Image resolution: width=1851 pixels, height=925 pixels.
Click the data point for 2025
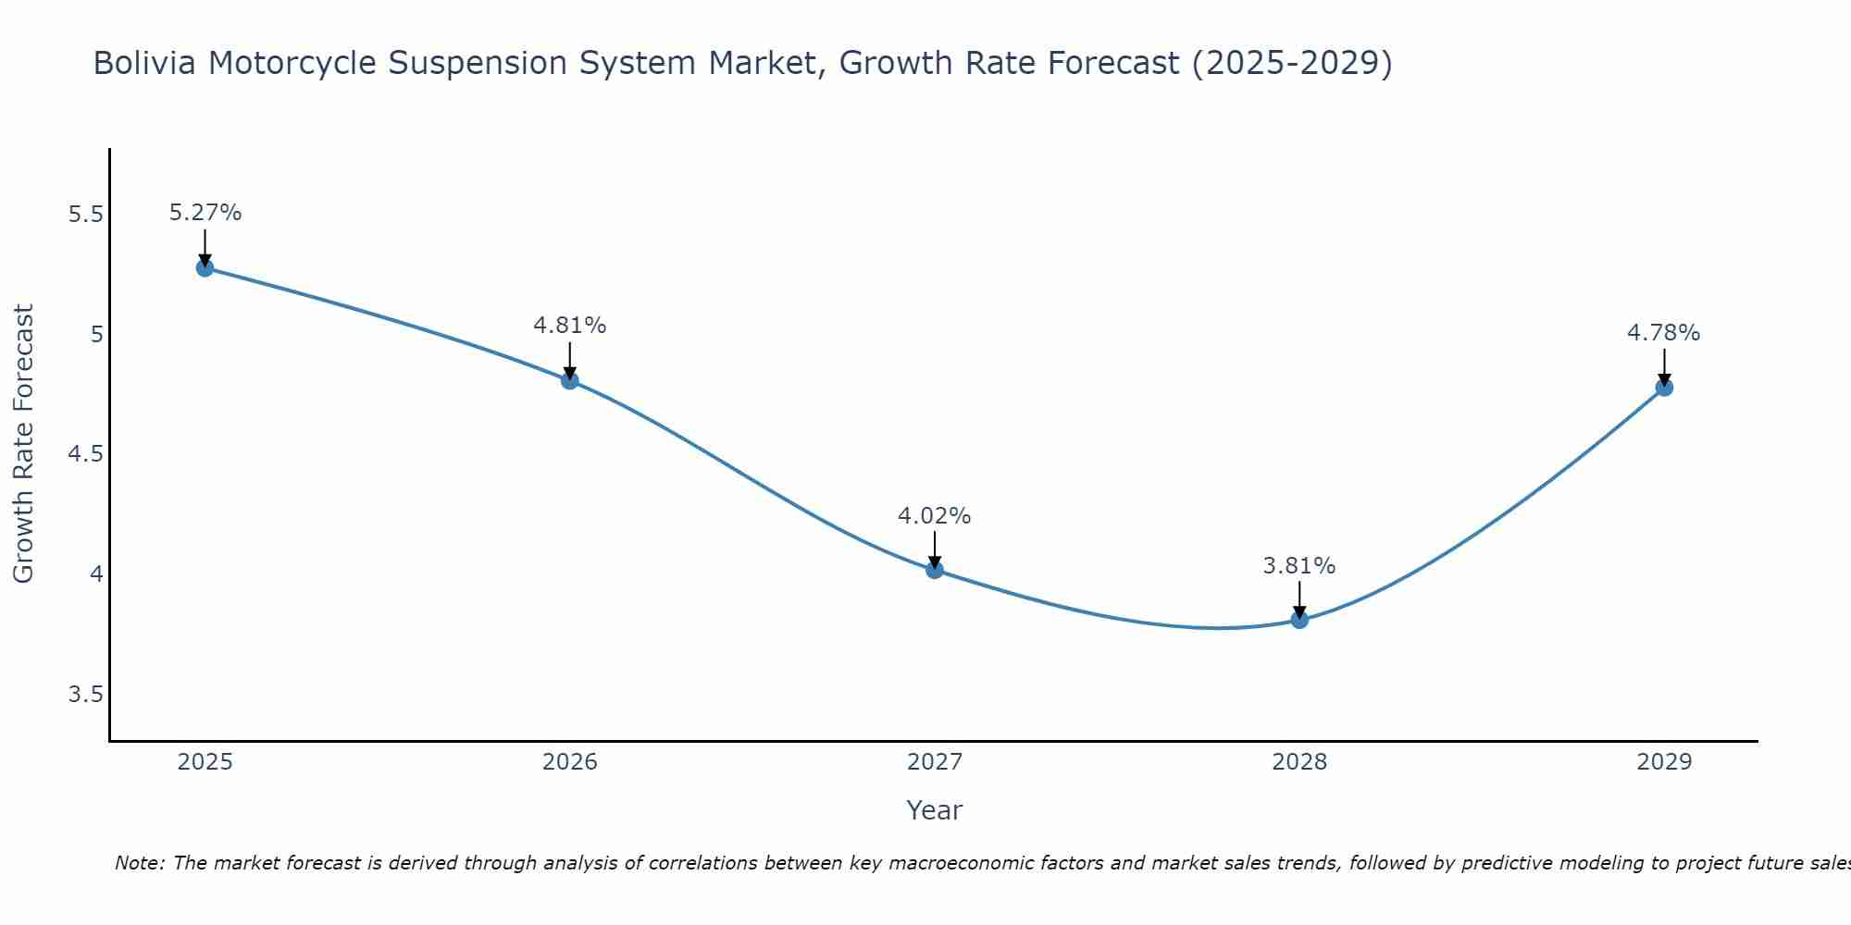205,268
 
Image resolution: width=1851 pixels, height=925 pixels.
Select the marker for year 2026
570,380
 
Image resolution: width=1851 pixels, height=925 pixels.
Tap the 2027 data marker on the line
935,570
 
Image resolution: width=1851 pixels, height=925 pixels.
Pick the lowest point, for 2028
1299,620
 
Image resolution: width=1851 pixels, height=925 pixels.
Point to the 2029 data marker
1664,388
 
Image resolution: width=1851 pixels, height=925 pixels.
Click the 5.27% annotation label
205,213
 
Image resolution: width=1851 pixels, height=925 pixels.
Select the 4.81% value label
570,326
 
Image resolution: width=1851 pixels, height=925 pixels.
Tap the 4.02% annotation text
935,516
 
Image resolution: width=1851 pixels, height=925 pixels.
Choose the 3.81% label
1299,566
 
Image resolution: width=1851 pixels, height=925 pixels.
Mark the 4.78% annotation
1664,333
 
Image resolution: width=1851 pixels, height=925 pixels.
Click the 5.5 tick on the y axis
85,215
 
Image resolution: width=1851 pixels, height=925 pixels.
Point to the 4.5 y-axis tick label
85,454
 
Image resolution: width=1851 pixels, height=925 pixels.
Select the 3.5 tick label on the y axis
85,695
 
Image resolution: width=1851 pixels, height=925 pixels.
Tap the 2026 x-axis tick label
570,762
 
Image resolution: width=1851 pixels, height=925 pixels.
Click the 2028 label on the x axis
1299,762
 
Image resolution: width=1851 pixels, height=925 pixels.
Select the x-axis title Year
935,810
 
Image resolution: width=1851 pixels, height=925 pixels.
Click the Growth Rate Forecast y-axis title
24,444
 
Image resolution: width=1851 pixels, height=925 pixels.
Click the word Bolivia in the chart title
144,63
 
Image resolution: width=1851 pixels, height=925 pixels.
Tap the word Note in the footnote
139,863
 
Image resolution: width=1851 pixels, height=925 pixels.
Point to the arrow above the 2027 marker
935,549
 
